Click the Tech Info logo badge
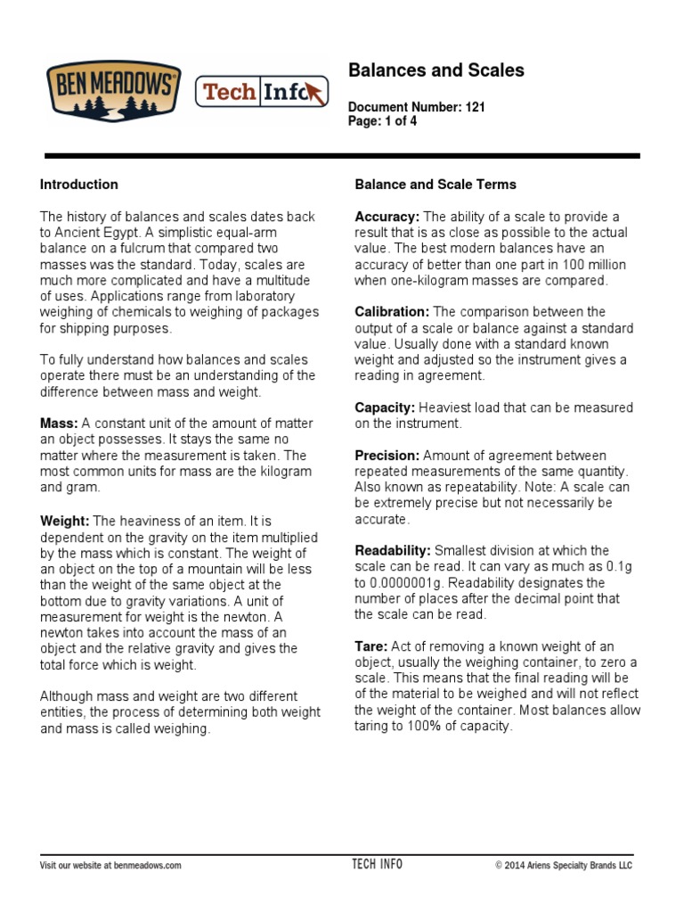[261, 92]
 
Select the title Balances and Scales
[436, 70]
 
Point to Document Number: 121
[416, 107]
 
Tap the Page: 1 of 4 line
[382, 121]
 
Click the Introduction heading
[79, 185]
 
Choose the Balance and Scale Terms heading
[436, 185]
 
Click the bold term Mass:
[59, 424]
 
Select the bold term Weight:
[65, 520]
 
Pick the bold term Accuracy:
[387, 217]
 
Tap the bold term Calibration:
[392, 312]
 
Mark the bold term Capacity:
[385, 407]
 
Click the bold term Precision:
[387, 456]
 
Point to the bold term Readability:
[393, 551]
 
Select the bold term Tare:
[370, 646]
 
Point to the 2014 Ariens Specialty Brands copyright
[563, 865]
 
